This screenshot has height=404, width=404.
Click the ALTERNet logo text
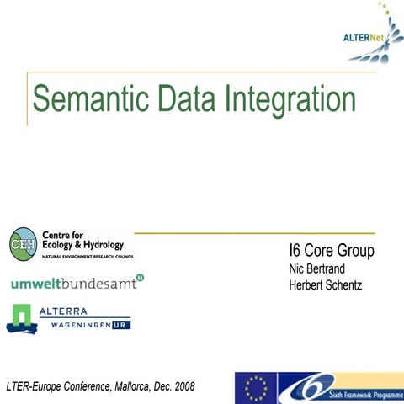click(x=363, y=36)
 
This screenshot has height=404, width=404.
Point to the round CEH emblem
click(x=23, y=244)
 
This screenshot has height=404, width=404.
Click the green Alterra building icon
click(x=21, y=317)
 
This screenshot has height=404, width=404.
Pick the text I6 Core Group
click(x=331, y=252)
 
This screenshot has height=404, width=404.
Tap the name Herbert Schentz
click(x=325, y=285)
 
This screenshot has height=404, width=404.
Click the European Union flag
click(x=256, y=388)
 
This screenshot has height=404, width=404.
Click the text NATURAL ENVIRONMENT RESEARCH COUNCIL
click(x=88, y=255)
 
